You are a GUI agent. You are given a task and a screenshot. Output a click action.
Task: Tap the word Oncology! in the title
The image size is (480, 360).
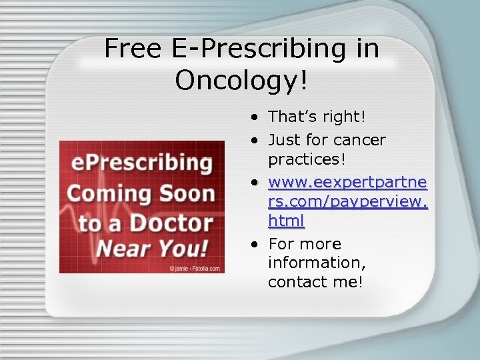[242, 81]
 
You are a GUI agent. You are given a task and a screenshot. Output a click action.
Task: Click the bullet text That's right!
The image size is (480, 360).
[317, 117]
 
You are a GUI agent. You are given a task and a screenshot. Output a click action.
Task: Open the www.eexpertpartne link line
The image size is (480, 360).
[347, 182]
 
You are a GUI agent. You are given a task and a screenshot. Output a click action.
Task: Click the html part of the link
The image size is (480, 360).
[286, 220]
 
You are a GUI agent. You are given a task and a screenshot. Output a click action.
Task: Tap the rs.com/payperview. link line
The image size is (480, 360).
[347, 201]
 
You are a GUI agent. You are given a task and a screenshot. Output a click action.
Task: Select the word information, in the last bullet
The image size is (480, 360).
[317, 263]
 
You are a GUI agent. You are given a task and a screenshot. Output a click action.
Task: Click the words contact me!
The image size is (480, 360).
[315, 282]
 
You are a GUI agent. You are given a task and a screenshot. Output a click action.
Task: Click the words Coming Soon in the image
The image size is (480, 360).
[141, 193]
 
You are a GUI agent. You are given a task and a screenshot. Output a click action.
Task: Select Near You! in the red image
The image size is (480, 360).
[152, 249]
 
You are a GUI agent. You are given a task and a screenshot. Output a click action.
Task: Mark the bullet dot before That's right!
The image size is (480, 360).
[256, 117]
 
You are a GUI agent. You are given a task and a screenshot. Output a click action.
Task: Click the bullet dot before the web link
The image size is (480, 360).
[256, 183]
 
